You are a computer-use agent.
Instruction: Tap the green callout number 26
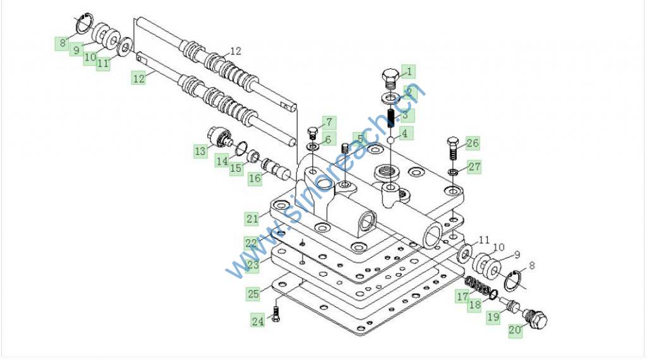pyautogui.click(x=473, y=143)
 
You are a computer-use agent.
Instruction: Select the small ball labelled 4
pyautogui.click(x=390, y=140)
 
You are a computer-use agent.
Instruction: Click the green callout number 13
pyautogui.click(x=200, y=151)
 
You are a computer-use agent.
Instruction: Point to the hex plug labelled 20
pyautogui.click(x=535, y=318)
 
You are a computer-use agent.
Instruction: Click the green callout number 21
pyautogui.click(x=253, y=219)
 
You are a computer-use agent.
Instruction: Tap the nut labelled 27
pyautogui.click(x=452, y=171)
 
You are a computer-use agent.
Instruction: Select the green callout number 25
pyautogui.click(x=253, y=294)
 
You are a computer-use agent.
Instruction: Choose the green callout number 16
pyautogui.click(x=255, y=178)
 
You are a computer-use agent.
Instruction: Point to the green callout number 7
pyautogui.click(x=329, y=123)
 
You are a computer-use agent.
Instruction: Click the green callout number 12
pyautogui.click(x=139, y=78)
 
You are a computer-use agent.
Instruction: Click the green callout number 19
pyautogui.click(x=493, y=316)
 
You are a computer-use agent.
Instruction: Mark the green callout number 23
pyautogui.click(x=253, y=265)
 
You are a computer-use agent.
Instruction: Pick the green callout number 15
pyautogui.click(x=236, y=168)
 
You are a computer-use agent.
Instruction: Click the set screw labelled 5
pyautogui.click(x=346, y=147)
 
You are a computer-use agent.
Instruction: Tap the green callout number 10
pyautogui.click(x=90, y=57)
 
